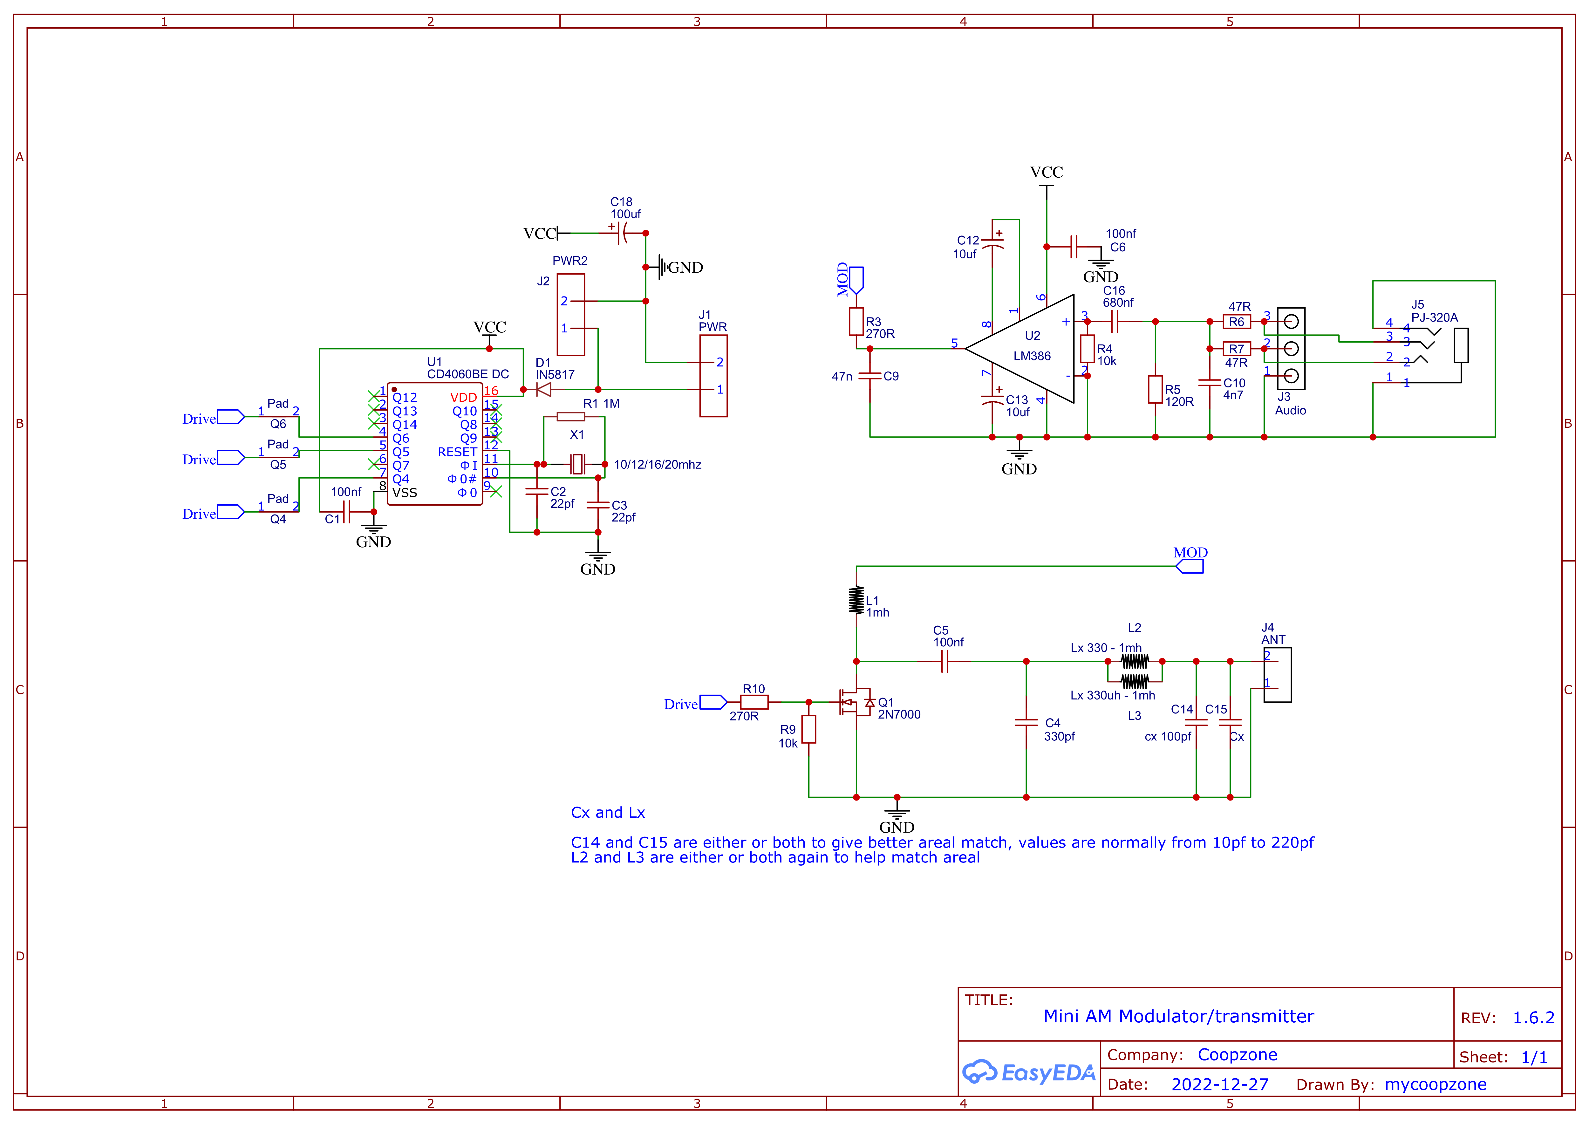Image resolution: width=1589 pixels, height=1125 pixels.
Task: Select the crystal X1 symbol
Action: click(x=577, y=464)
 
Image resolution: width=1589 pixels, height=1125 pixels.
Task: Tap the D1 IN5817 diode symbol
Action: click(x=544, y=390)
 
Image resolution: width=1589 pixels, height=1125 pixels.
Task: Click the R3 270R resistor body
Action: click(x=856, y=321)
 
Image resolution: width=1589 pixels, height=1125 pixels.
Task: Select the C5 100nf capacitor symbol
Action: click(x=944, y=662)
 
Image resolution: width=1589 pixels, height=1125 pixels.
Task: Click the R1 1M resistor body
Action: click(x=571, y=416)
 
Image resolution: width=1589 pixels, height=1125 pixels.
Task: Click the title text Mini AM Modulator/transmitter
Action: click(x=1178, y=1016)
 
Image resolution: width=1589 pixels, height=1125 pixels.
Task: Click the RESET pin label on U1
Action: click(x=457, y=452)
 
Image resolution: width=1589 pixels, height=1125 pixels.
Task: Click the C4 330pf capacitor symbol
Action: click(x=1026, y=723)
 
